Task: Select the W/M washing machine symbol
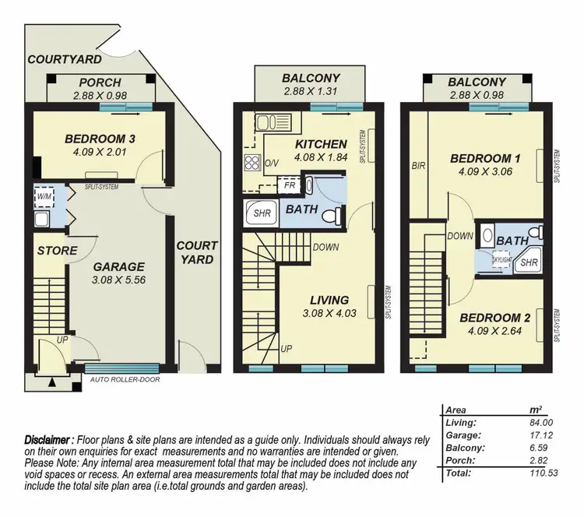click(44, 197)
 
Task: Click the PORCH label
click(100, 83)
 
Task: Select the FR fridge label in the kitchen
click(289, 187)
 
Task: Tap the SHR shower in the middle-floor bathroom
click(257, 213)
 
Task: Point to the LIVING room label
click(328, 300)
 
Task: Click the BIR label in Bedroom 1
click(417, 165)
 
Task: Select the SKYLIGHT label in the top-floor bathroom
click(501, 258)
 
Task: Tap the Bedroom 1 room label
click(485, 159)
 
